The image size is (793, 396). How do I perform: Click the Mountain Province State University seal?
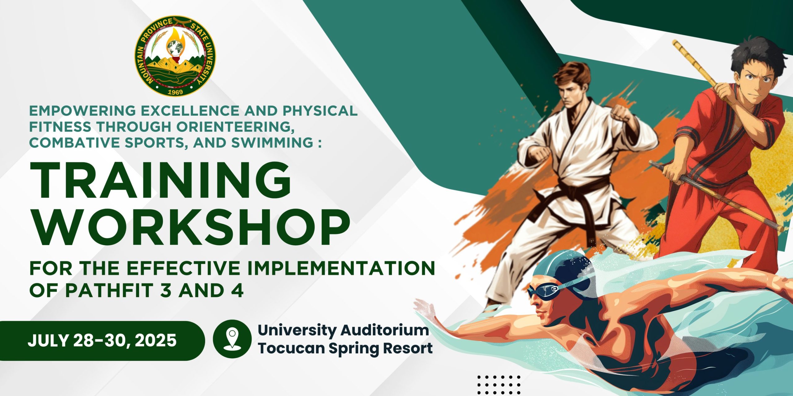175,56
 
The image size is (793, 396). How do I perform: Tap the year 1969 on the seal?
175,92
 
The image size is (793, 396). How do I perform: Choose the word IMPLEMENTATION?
341,268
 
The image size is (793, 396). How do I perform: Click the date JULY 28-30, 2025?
102,341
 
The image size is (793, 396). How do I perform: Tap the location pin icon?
232,339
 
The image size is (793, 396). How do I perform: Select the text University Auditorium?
343,330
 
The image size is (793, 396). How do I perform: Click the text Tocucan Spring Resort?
345,348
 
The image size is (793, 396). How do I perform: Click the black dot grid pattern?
499,385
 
